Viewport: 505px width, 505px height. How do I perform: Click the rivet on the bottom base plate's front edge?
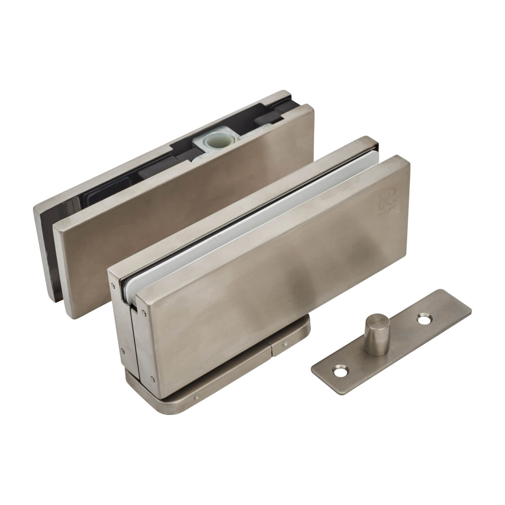pos(197,398)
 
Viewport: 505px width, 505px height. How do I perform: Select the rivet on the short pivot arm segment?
pos(285,344)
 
